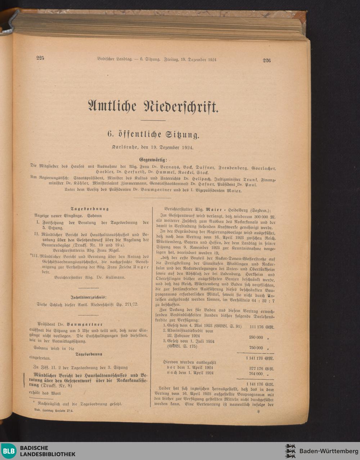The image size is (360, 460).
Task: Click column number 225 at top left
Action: (40, 58)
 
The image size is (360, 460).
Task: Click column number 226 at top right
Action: (266, 60)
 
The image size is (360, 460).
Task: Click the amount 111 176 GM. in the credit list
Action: (261, 327)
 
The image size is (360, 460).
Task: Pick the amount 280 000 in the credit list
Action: (256, 338)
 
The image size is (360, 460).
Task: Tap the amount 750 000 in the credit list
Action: (256, 348)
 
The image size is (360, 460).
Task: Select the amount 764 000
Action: (256, 374)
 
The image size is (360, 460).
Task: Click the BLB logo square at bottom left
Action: (8, 451)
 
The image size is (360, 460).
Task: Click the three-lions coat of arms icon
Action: (290, 451)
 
